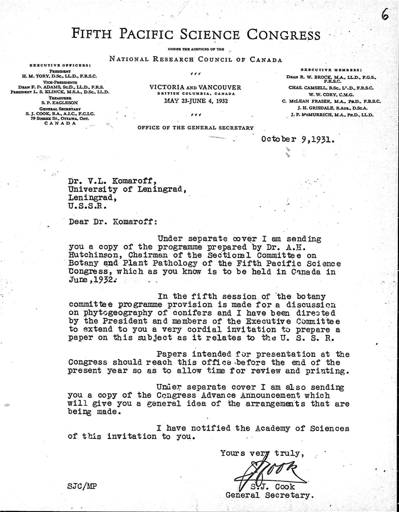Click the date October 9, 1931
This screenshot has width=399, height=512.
(297, 139)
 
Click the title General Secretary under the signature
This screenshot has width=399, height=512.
(269, 495)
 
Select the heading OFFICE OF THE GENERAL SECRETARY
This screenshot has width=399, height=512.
(196, 128)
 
